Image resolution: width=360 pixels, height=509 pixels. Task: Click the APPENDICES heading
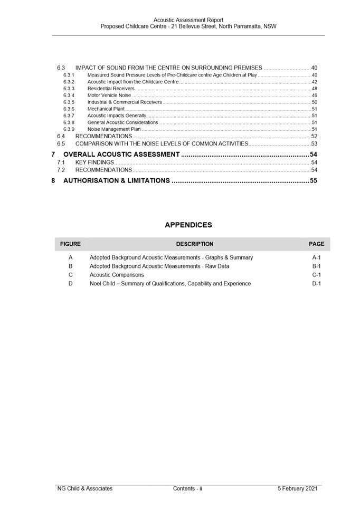click(188, 225)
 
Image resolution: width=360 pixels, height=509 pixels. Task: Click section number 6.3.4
click(69, 95)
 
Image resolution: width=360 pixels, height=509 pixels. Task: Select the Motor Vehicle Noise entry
click(109, 95)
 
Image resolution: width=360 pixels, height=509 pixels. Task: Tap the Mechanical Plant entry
click(106, 109)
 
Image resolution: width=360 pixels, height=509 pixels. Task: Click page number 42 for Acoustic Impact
click(314, 82)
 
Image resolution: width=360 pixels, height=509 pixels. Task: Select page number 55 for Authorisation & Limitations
click(313, 181)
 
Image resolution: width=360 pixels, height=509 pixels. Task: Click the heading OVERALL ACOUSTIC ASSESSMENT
click(121, 155)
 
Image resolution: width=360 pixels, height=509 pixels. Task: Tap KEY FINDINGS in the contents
click(94, 162)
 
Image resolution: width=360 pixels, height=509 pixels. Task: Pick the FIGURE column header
click(70, 244)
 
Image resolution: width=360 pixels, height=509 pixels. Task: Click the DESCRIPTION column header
click(195, 244)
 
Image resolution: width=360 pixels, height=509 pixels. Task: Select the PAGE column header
click(317, 244)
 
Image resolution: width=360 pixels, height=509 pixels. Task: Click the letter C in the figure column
click(70, 275)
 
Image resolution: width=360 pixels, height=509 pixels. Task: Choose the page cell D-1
click(317, 284)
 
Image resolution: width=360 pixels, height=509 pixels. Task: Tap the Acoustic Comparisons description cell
click(117, 275)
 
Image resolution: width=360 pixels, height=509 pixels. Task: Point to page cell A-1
click(317, 258)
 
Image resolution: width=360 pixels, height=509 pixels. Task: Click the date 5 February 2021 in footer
click(298, 488)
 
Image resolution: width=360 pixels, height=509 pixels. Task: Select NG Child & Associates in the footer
click(85, 488)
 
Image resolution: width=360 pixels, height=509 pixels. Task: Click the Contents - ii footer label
click(188, 488)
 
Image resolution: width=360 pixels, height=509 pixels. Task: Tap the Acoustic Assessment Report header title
click(188, 20)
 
